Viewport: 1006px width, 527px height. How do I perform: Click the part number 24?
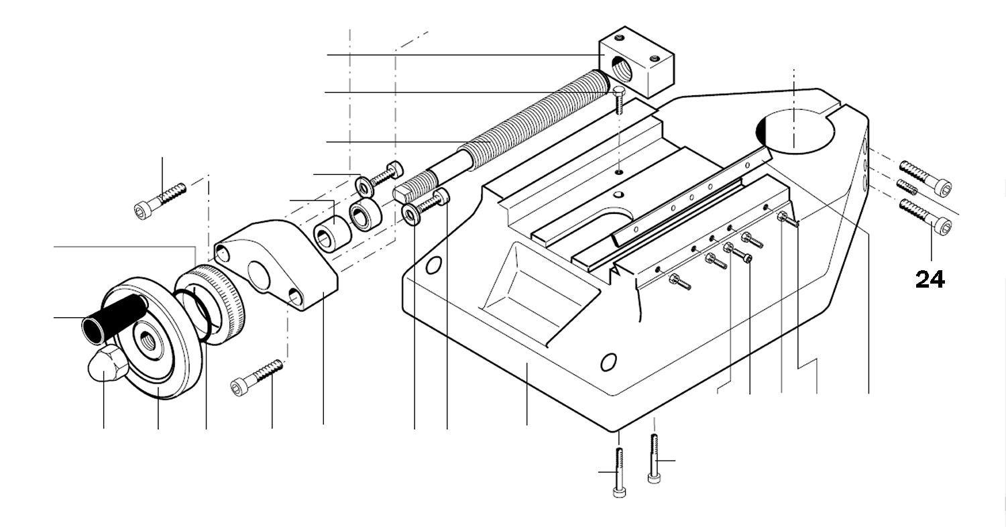930,279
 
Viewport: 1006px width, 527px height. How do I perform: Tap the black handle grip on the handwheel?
114,318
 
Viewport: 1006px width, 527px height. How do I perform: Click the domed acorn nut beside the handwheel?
107,364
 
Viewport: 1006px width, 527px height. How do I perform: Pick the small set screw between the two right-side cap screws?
907,186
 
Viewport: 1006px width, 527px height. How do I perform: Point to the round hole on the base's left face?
433,265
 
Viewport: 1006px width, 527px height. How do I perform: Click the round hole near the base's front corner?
608,363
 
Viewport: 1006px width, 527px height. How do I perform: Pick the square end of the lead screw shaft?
403,194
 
